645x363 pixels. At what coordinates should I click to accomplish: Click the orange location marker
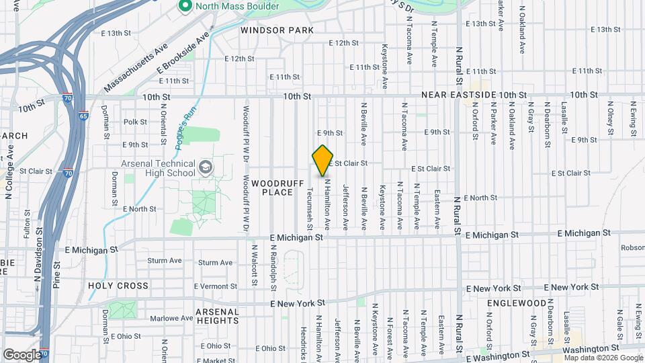[323, 160]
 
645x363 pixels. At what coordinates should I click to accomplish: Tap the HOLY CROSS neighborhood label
[118, 286]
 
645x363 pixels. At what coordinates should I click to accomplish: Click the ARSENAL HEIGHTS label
[217, 316]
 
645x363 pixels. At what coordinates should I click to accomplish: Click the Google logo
[22, 354]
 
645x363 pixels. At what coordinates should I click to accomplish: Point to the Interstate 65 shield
[83, 116]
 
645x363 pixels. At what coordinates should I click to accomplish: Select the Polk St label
[135, 122]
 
